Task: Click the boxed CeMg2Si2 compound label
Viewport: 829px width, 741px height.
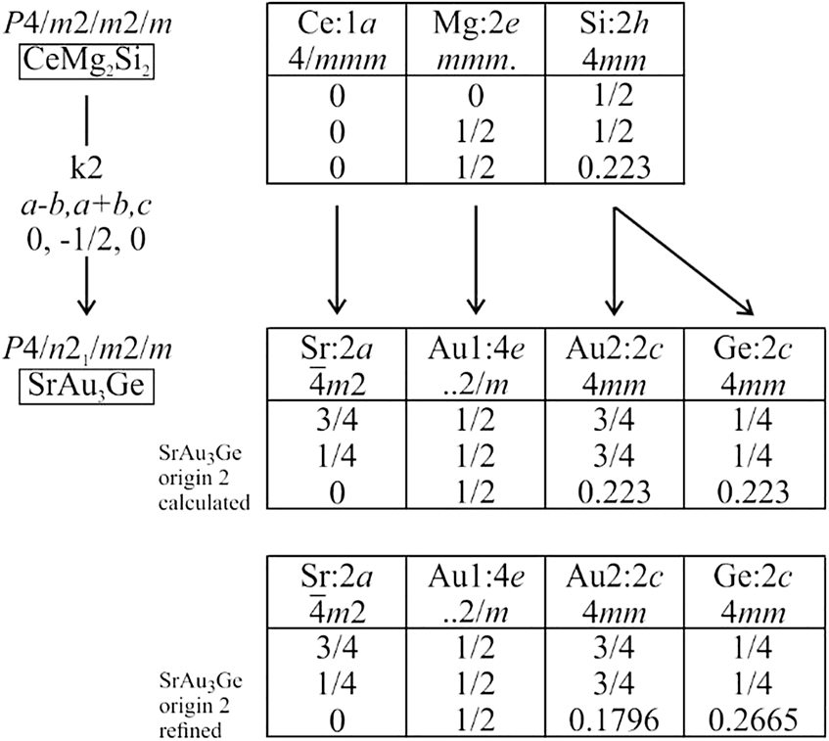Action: [87, 63]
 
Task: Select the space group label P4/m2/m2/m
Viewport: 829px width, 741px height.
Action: [88, 24]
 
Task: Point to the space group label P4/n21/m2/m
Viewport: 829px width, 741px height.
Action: [88, 349]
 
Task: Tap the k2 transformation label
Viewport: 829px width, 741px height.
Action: [86, 167]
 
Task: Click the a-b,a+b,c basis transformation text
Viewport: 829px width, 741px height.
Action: [87, 206]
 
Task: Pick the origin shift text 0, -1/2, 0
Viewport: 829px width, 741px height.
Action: [86, 240]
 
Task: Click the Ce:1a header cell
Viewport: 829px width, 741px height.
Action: [337, 40]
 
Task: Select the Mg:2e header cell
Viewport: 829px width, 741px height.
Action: [476, 40]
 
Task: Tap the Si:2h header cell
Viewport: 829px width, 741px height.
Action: [615, 40]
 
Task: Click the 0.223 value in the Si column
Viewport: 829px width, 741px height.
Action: [614, 167]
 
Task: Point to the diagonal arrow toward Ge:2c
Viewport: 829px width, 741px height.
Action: [683, 260]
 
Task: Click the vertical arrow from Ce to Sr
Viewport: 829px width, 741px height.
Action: [337, 260]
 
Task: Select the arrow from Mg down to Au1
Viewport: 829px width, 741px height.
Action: [476, 260]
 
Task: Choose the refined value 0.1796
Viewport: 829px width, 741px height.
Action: [614, 719]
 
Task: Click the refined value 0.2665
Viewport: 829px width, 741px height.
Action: [753, 719]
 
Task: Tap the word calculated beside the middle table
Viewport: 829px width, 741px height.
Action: [205, 502]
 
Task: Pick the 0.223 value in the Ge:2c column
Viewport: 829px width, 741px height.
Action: [753, 492]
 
